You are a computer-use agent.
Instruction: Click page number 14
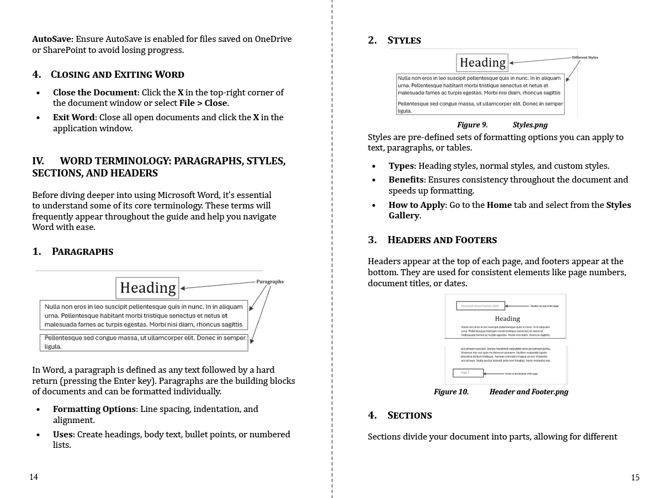[x=34, y=477]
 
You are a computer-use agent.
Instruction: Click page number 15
[x=635, y=478]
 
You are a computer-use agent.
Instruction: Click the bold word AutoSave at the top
[x=52, y=39]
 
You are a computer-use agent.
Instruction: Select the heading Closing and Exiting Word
[x=117, y=74]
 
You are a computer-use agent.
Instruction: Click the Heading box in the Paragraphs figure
[x=147, y=288]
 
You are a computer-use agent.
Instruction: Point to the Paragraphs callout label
[x=270, y=281]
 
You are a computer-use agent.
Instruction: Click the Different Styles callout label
[x=585, y=57]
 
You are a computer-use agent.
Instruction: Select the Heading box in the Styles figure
[x=482, y=63]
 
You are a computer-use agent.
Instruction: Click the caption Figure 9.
[x=472, y=125]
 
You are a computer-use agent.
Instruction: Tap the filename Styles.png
[x=530, y=125]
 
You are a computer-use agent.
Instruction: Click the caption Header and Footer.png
[x=528, y=392]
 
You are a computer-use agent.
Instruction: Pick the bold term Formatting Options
[x=94, y=409]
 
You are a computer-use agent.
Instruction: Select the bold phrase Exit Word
[x=74, y=117]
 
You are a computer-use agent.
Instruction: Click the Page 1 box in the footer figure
[x=468, y=373]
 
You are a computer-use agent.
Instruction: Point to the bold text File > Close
[x=203, y=103]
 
